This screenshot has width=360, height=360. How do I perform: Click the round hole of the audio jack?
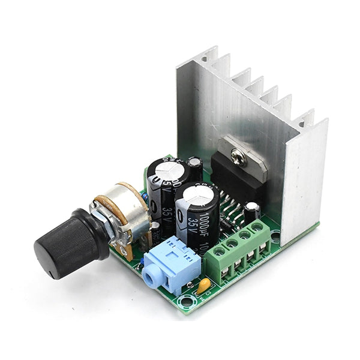click(x=152, y=278)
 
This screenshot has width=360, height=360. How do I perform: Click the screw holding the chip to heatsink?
click(x=237, y=158)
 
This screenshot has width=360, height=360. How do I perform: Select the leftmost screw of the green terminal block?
click(x=215, y=252)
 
